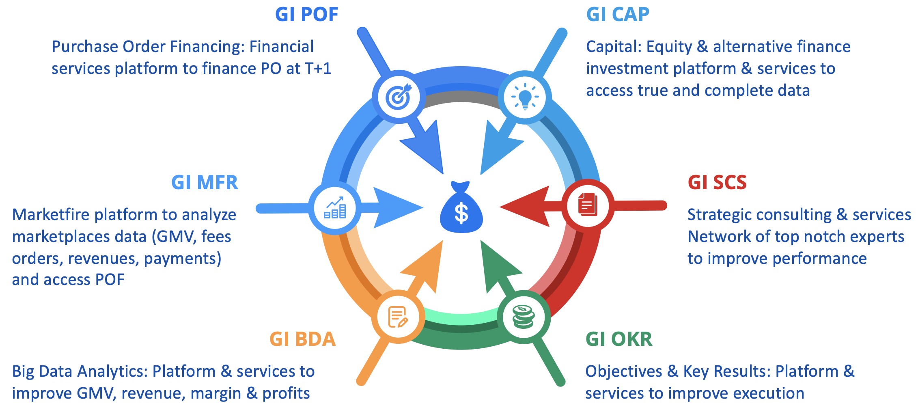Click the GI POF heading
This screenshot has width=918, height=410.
[x=306, y=15]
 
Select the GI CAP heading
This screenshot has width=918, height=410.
[x=618, y=15]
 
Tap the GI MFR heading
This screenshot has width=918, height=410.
[x=205, y=183]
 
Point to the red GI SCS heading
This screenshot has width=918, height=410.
[x=717, y=183]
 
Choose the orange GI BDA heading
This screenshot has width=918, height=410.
[x=303, y=339]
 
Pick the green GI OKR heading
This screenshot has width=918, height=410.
[x=619, y=339]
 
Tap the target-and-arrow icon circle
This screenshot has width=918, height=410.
[x=399, y=97]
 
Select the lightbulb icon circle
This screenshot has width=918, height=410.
[x=525, y=97]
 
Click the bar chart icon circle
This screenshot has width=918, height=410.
[x=335, y=208]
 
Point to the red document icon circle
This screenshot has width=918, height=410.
[x=588, y=206]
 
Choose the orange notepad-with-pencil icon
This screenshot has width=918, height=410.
[x=398, y=317]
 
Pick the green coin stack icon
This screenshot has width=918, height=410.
[x=524, y=317]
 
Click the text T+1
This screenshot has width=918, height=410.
[x=318, y=69]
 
